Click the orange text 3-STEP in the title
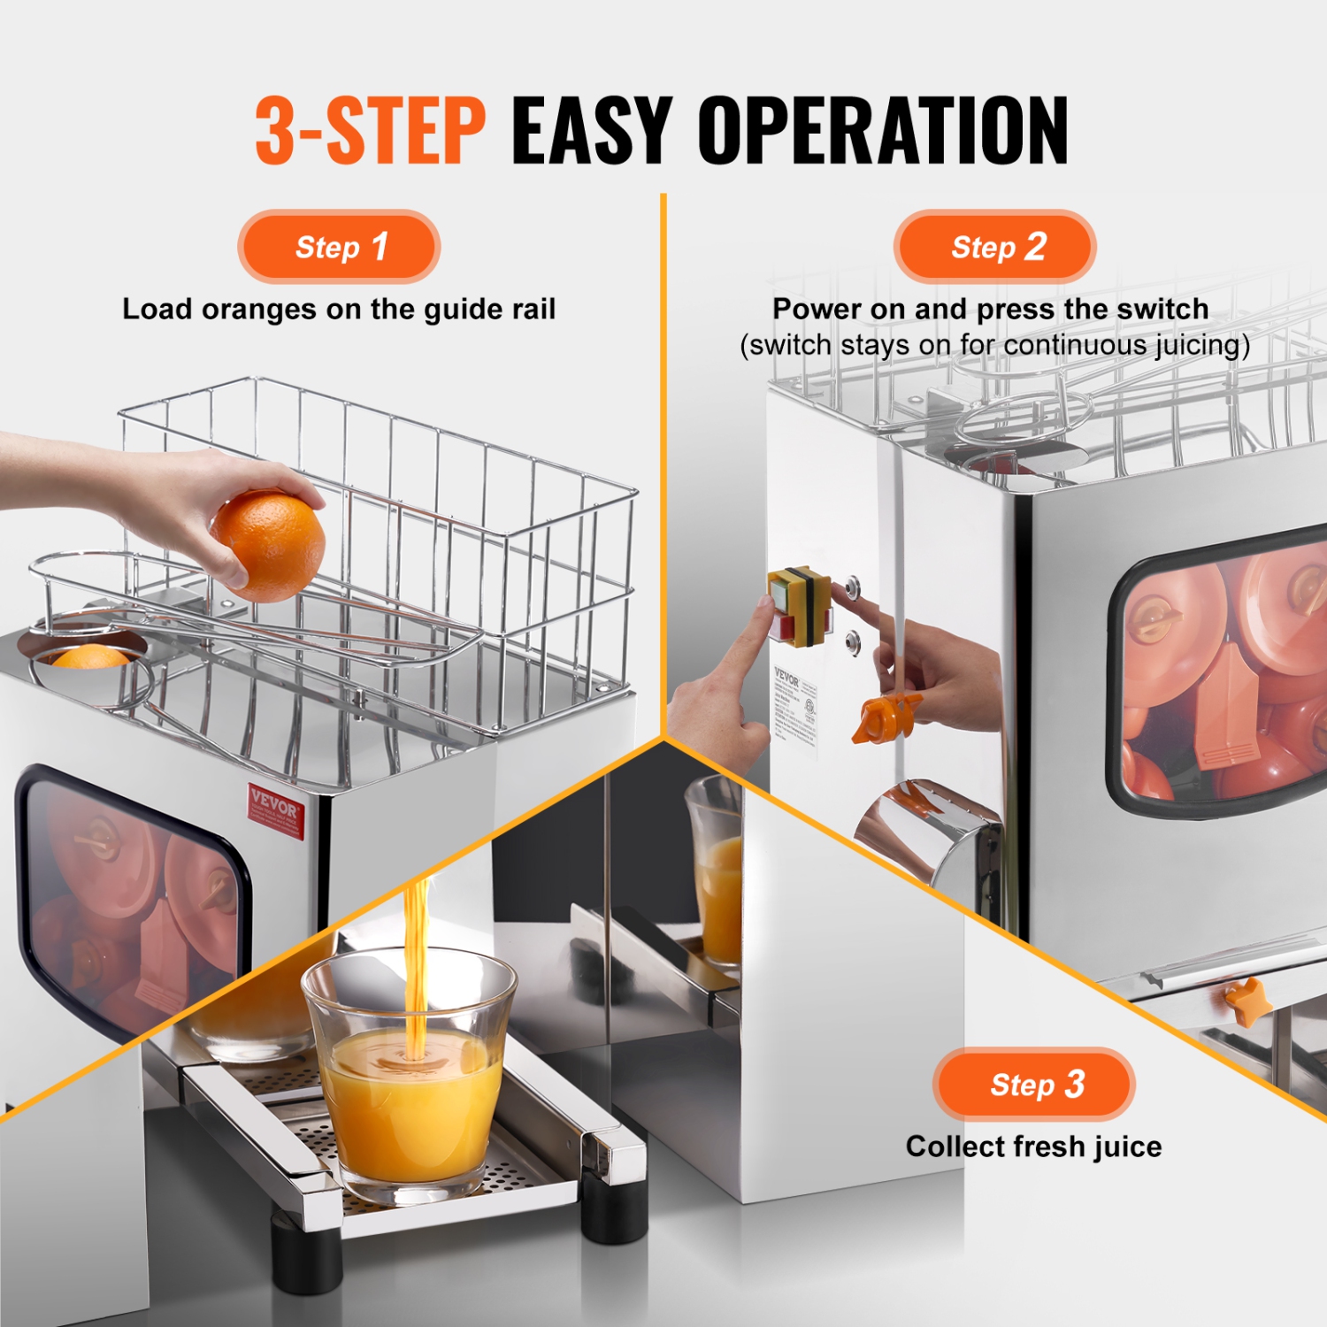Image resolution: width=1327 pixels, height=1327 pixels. coord(370,131)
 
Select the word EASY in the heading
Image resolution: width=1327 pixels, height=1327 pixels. coord(592,131)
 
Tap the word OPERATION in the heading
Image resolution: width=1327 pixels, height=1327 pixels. coord(883,131)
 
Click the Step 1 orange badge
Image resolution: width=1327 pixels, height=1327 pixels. coord(339,247)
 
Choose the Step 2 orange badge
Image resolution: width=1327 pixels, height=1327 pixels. coord(995,247)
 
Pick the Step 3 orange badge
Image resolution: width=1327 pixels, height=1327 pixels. coord(1034,1085)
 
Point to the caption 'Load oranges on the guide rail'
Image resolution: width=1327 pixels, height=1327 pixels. coord(339,310)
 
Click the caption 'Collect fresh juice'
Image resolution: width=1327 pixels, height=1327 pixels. coord(1033,1147)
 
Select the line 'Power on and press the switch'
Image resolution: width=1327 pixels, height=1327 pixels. coord(990,309)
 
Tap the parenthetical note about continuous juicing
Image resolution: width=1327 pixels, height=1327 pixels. coord(994,345)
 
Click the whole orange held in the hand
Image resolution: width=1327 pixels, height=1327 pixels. coord(269,546)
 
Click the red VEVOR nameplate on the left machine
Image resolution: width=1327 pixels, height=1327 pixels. coord(275,809)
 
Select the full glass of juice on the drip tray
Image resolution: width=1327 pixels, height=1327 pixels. coord(410,1084)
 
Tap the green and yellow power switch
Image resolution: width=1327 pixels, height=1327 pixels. coord(799,604)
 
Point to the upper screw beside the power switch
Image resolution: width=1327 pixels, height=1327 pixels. coord(854,586)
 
